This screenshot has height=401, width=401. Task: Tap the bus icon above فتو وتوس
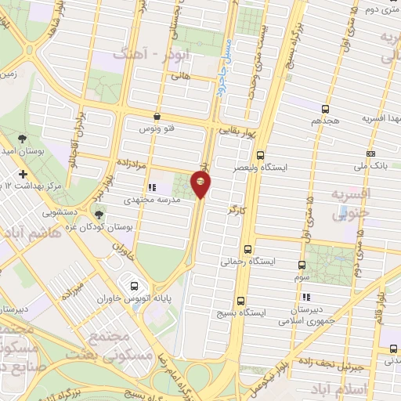tap(157, 116)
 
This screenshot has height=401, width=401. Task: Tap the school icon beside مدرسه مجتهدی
tap(151, 188)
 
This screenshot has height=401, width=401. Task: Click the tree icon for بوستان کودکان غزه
tap(99, 214)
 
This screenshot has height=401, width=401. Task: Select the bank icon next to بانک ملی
tap(370, 154)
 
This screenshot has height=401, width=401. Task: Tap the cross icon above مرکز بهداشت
tap(23, 173)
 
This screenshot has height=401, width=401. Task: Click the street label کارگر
tap(226, 209)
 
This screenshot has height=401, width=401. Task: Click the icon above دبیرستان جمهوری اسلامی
tap(306, 297)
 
